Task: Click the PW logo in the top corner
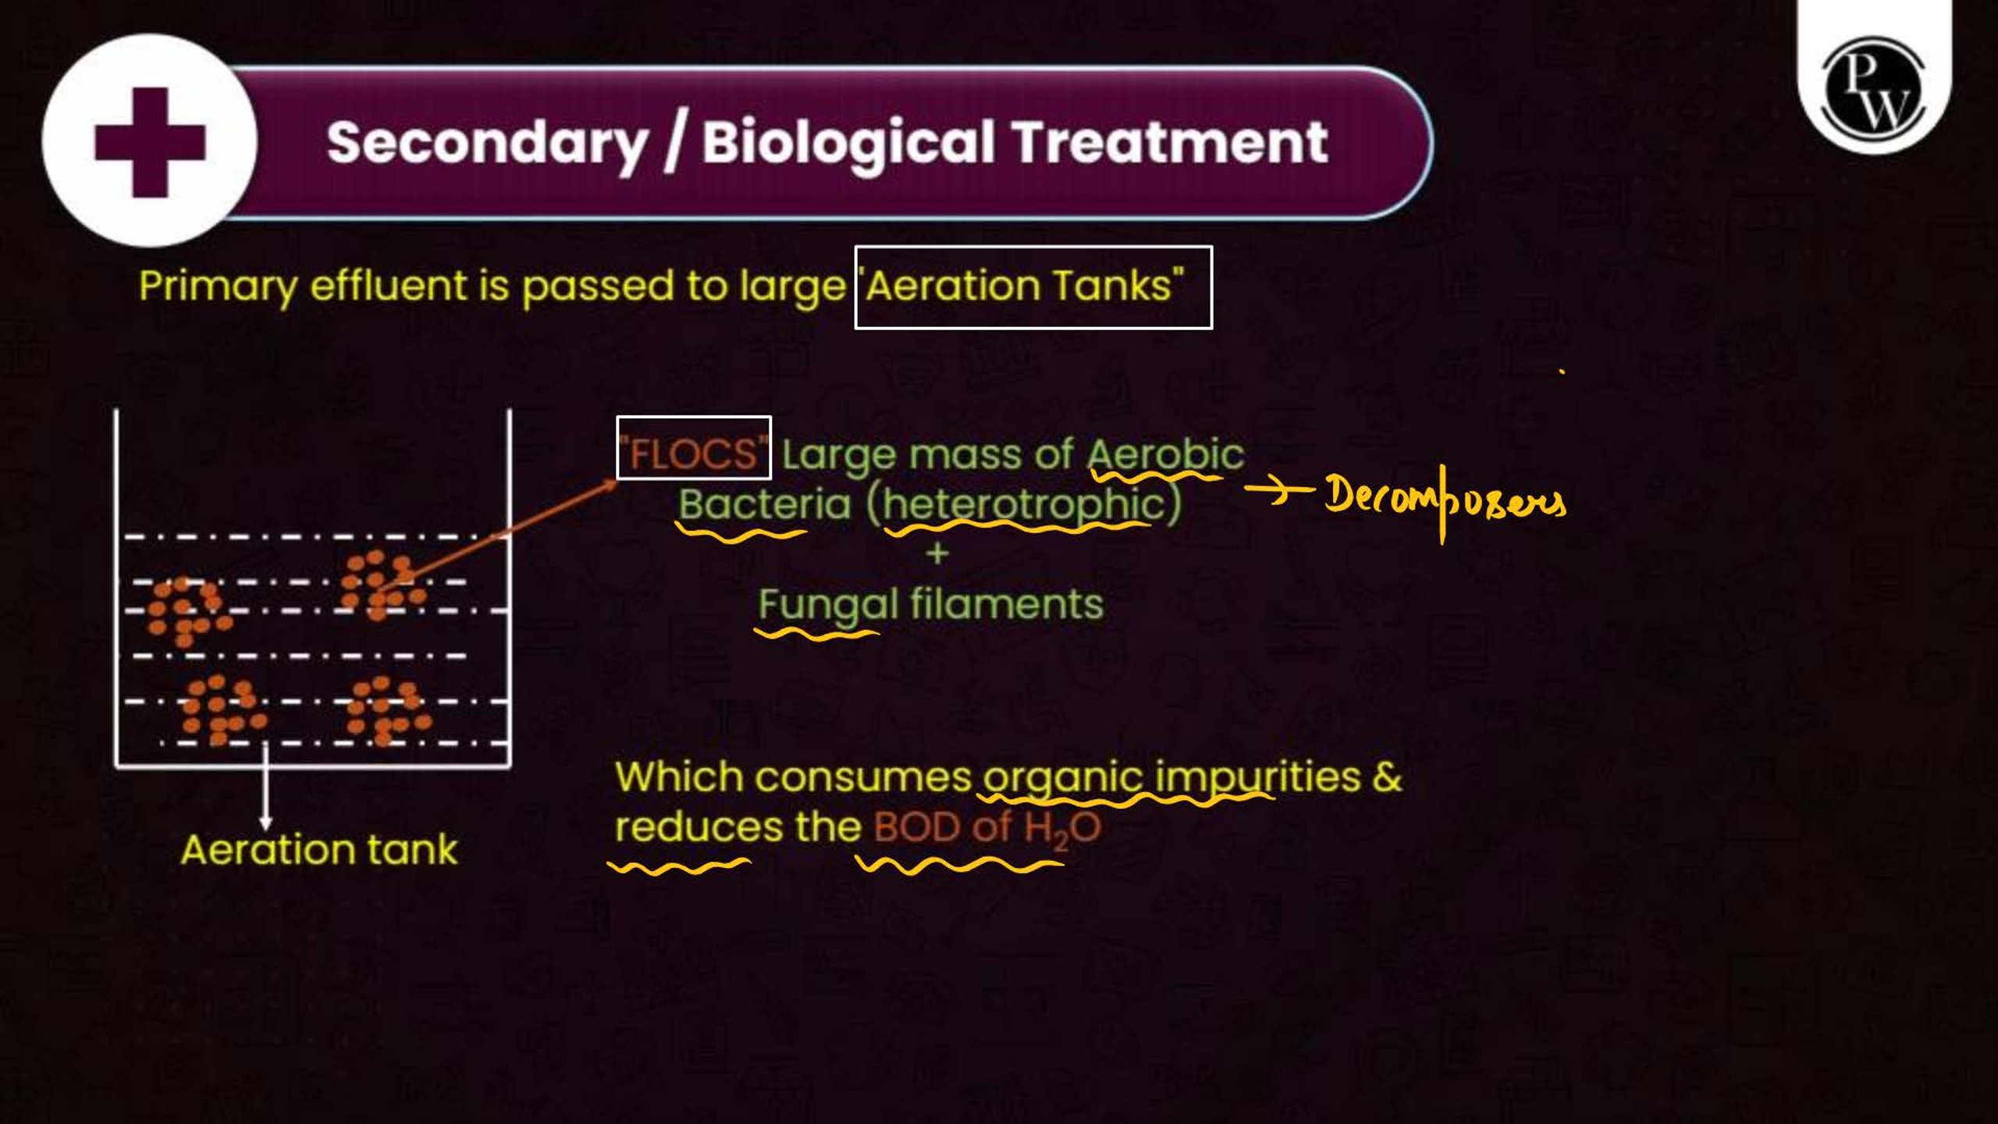pyautogui.click(x=1874, y=87)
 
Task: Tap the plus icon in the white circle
pyautogui.click(x=150, y=143)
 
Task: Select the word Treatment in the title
pyautogui.click(x=1170, y=143)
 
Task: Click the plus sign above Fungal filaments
pyautogui.click(x=937, y=553)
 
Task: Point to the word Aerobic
pyautogui.click(x=1166, y=454)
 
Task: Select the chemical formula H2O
pyautogui.click(x=1062, y=829)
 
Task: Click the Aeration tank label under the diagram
pyautogui.click(x=319, y=849)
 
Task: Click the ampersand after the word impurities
pyautogui.click(x=1387, y=777)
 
